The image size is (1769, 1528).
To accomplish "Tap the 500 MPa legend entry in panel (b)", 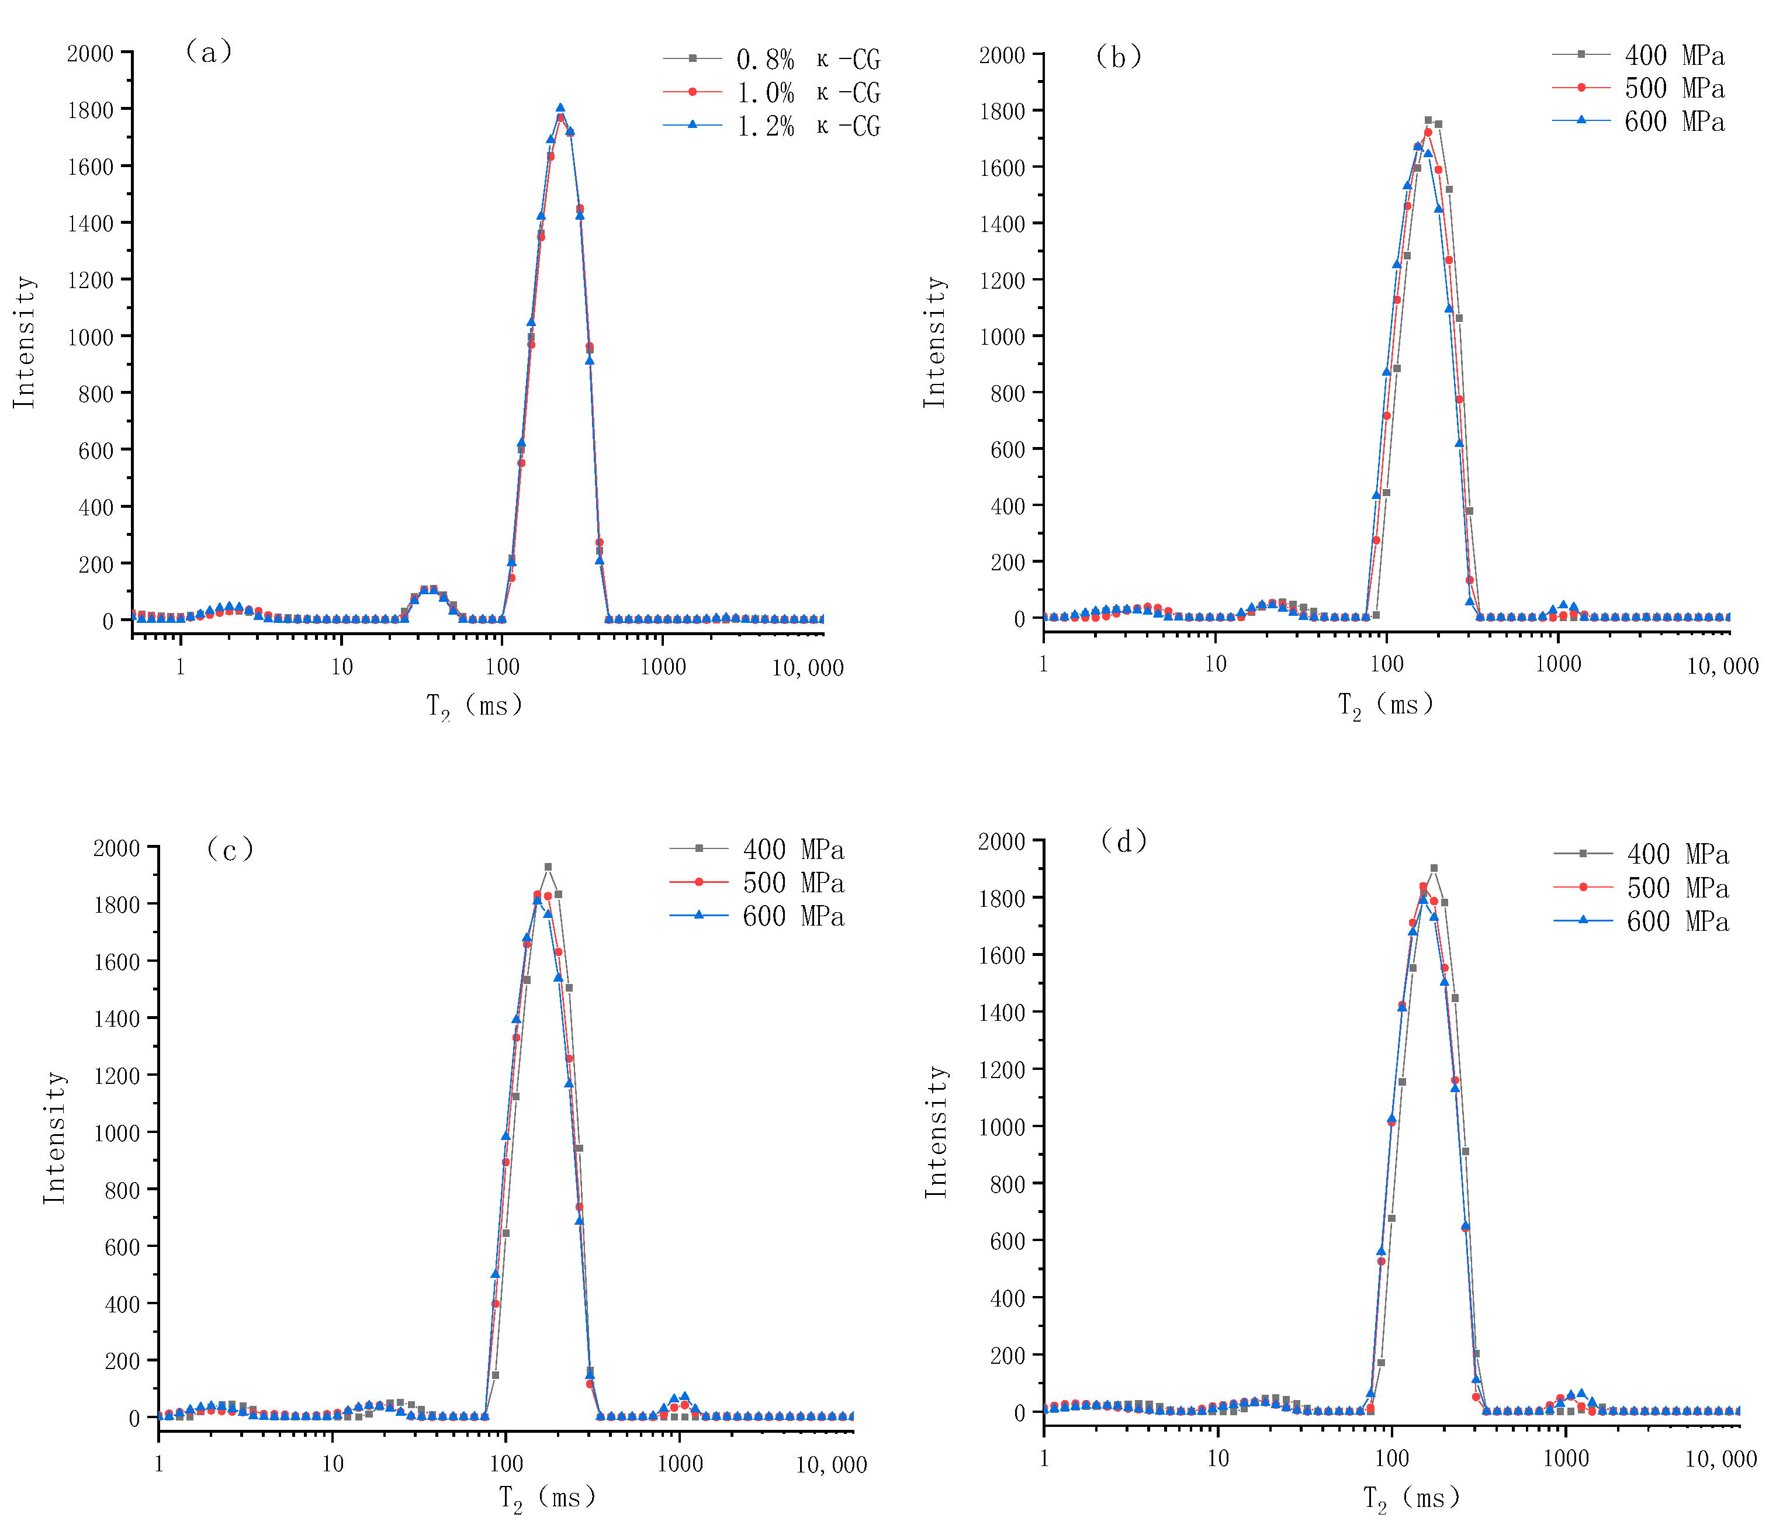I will coord(1673,88).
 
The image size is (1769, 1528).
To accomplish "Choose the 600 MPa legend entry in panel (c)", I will coord(792,916).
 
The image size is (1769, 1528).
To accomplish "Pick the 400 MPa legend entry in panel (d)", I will coord(1677,854).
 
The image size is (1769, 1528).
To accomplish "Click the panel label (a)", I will coord(208,52).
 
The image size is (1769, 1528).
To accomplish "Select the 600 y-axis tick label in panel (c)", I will coord(122,1247).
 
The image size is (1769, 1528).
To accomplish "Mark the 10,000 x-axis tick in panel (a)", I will coord(808,667).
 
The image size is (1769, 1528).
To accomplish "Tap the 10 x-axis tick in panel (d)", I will coord(1217,1458).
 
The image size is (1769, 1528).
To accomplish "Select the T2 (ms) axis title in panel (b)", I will coord(1385,706).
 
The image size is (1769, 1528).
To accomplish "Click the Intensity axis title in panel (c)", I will coord(54,1138).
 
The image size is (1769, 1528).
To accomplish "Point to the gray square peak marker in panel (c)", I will coord(548,867).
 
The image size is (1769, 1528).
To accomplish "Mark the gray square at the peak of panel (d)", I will coord(1434,868).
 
